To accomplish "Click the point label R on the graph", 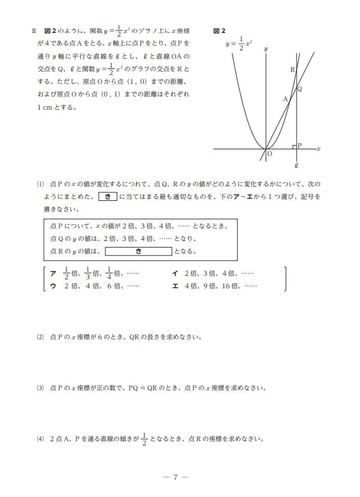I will (x=292, y=70).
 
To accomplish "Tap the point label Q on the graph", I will (x=300, y=89).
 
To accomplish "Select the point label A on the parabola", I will (x=285, y=100).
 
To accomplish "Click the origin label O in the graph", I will (x=269, y=154).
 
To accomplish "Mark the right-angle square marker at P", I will (x=294, y=146).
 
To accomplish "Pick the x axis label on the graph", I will (x=319, y=148).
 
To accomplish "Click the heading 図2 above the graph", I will (x=219, y=30).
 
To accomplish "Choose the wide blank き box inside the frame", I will (x=138, y=251).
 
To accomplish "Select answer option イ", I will (x=175, y=273).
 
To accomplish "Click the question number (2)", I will (x=41, y=337).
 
